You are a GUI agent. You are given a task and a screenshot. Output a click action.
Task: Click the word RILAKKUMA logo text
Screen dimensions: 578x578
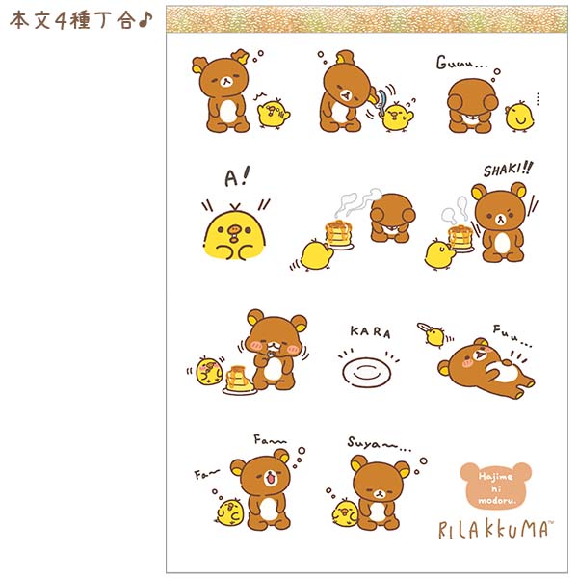496,529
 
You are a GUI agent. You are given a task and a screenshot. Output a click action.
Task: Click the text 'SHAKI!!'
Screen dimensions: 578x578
508,170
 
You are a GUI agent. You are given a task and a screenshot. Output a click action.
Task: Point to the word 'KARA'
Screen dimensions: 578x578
370,331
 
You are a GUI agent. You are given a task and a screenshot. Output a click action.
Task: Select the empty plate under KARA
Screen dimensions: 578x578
366,372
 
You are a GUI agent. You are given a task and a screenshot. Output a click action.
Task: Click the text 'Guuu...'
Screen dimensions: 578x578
460,63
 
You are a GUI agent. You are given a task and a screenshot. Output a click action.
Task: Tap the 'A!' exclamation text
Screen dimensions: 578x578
237,177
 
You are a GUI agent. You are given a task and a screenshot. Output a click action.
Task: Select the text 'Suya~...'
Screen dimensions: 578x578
380,443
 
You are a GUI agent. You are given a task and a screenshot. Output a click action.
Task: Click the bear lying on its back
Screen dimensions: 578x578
486,369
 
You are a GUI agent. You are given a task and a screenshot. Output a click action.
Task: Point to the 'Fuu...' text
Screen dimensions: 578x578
512,335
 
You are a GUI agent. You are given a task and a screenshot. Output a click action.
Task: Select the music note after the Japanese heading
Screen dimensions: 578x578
145,20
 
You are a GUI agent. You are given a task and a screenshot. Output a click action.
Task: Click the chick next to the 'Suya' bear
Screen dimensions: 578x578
345,513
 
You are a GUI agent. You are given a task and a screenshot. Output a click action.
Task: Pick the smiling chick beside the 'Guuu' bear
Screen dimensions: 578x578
520,117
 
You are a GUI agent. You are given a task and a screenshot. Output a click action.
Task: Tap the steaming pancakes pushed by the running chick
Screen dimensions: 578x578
338,234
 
